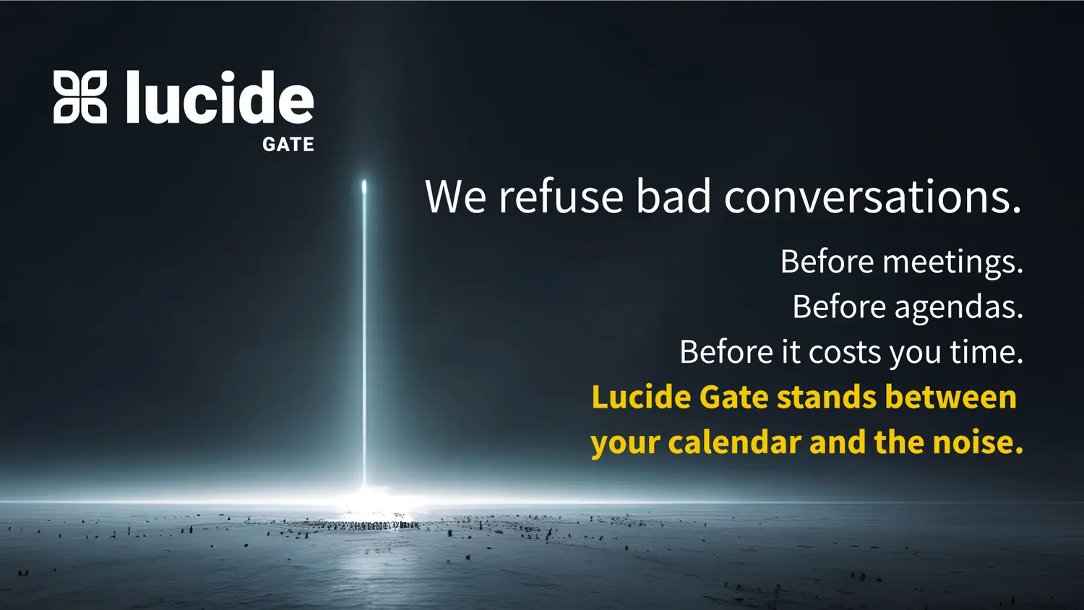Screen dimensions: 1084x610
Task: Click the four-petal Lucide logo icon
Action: (79, 97)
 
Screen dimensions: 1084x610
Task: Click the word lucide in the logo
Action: (220, 96)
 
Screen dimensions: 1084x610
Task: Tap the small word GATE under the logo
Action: (288, 145)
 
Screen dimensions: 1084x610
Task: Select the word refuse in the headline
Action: (561, 196)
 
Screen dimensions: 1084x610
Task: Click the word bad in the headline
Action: (673, 196)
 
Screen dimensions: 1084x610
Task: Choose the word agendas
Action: (958, 308)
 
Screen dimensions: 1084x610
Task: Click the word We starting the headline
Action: (455, 197)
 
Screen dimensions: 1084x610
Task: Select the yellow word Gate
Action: (734, 397)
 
